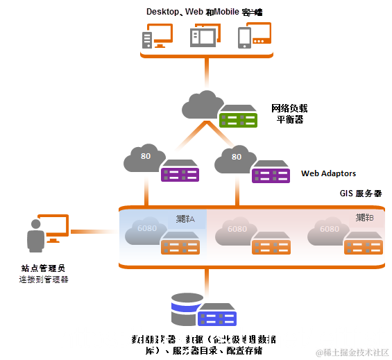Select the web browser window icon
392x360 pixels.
205,36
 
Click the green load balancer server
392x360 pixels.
238,118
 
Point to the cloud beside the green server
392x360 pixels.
201,105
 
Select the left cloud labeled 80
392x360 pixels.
144,159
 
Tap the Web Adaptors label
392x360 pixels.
329,173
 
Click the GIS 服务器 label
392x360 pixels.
361,195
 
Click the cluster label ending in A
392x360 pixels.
186,218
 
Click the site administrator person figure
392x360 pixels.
35,236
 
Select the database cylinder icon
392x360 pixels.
187,309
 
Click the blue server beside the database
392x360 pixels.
217,316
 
